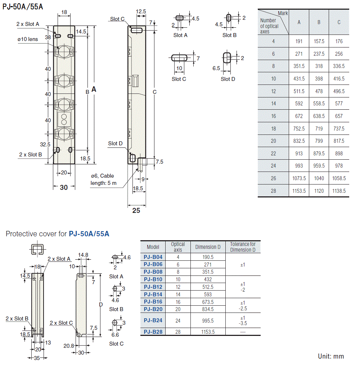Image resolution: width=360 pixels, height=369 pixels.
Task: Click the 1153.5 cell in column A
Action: click(x=299, y=191)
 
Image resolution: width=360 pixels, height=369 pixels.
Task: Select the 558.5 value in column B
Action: click(x=319, y=104)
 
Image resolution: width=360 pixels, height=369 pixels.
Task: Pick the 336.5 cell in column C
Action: click(x=339, y=66)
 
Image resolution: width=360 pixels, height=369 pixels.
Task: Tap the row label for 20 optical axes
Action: click(x=274, y=141)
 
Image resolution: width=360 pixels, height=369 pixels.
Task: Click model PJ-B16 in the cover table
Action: click(x=153, y=302)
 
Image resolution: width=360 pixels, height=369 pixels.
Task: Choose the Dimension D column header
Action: click(x=208, y=247)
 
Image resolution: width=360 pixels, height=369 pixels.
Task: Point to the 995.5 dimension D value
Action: click(x=208, y=320)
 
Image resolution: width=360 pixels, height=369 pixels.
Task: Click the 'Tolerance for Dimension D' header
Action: click(x=243, y=247)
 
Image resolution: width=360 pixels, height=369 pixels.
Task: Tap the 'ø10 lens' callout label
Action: click(x=28, y=39)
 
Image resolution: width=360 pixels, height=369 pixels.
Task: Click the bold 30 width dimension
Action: click(x=64, y=187)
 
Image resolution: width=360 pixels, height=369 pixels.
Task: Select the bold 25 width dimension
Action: click(x=136, y=211)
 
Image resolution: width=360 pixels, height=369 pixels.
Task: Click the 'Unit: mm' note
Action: click(x=331, y=356)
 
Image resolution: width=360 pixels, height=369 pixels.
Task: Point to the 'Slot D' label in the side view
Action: click(x=115, y=143)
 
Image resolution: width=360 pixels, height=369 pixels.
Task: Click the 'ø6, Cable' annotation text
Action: click(x=102, y=176)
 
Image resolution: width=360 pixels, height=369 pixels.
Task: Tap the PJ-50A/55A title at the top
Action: click(x=22, y=6)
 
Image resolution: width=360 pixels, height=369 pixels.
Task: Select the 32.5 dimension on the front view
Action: click(x=45, y=145)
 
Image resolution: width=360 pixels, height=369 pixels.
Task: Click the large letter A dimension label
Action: click(x=94, y=90)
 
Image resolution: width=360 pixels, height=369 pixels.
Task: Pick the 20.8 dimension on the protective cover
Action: click(x=68, y=346)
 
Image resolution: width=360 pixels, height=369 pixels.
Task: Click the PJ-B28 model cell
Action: click(x=153, y=332)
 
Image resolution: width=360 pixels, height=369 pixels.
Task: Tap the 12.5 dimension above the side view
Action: click(x=141, y=12)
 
